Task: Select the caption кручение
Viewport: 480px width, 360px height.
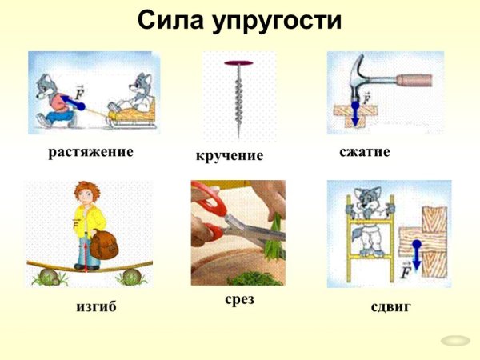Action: [x=230, y=155]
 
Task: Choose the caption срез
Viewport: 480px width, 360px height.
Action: [x=237, y=301]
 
